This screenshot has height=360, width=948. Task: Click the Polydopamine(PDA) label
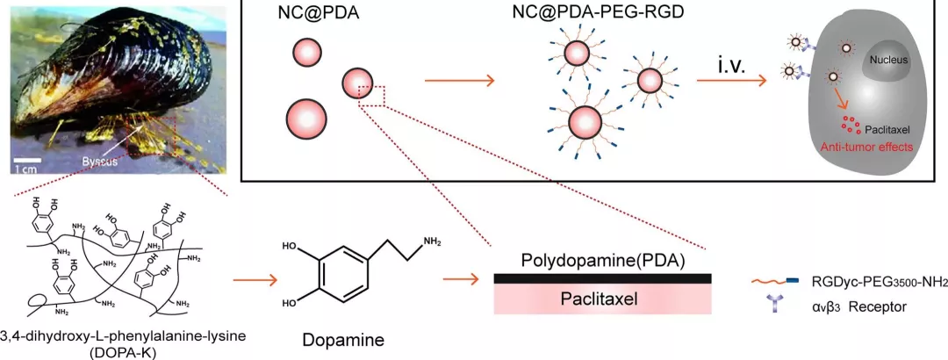coord(601,261)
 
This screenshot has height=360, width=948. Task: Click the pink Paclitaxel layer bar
coord(601,300)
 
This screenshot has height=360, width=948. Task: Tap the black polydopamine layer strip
coord(601,278)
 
